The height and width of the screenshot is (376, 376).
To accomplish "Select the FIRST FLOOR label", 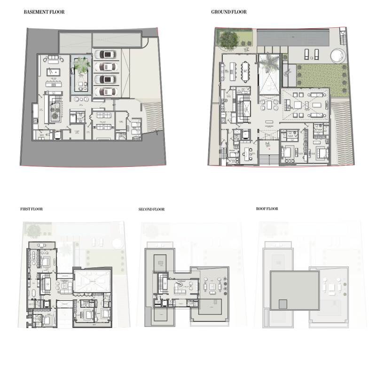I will [x=31, y=209].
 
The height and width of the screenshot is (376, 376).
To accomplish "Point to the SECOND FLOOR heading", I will [x=151, y=209].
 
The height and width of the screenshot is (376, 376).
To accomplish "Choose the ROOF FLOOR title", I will [x=267, y=209].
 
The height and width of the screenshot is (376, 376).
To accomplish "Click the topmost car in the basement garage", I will [x=107, y=55].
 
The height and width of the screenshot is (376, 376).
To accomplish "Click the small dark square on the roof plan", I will [x=283, y=304].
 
